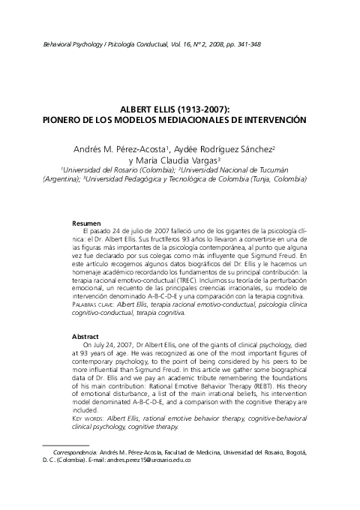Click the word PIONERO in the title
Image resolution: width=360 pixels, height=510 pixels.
point(64,119)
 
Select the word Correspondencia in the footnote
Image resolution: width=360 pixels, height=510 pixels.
point(74,451)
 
